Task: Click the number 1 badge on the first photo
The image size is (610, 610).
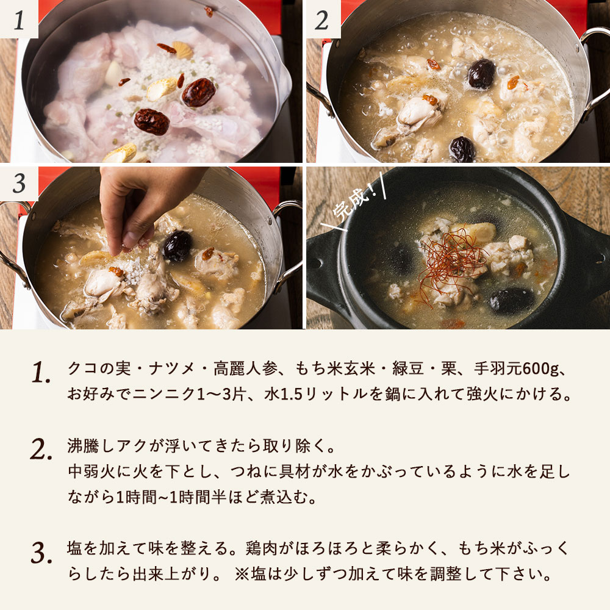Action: pyautogui.click(x=19, y=21)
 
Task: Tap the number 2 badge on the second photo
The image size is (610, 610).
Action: pyautogui.click(x=321, y=21)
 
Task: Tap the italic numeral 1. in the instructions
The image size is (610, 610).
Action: pyautogui.click(x=41, y=373)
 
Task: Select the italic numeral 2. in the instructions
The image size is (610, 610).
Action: pyautogui.click(x=41, y=450)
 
